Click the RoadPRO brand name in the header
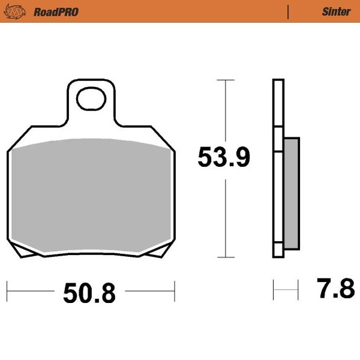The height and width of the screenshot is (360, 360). click(56, 11)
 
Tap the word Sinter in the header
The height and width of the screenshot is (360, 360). click(336, 11)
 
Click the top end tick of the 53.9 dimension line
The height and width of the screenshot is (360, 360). click(225, 80)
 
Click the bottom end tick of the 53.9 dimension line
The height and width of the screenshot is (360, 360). click(225, 258)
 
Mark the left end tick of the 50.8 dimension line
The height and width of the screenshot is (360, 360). click(8, 292)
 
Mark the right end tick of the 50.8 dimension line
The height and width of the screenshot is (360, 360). click(175, 292)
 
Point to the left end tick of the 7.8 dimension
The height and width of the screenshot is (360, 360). click(274, 290)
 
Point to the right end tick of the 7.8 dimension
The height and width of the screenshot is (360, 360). click(298, 290)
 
